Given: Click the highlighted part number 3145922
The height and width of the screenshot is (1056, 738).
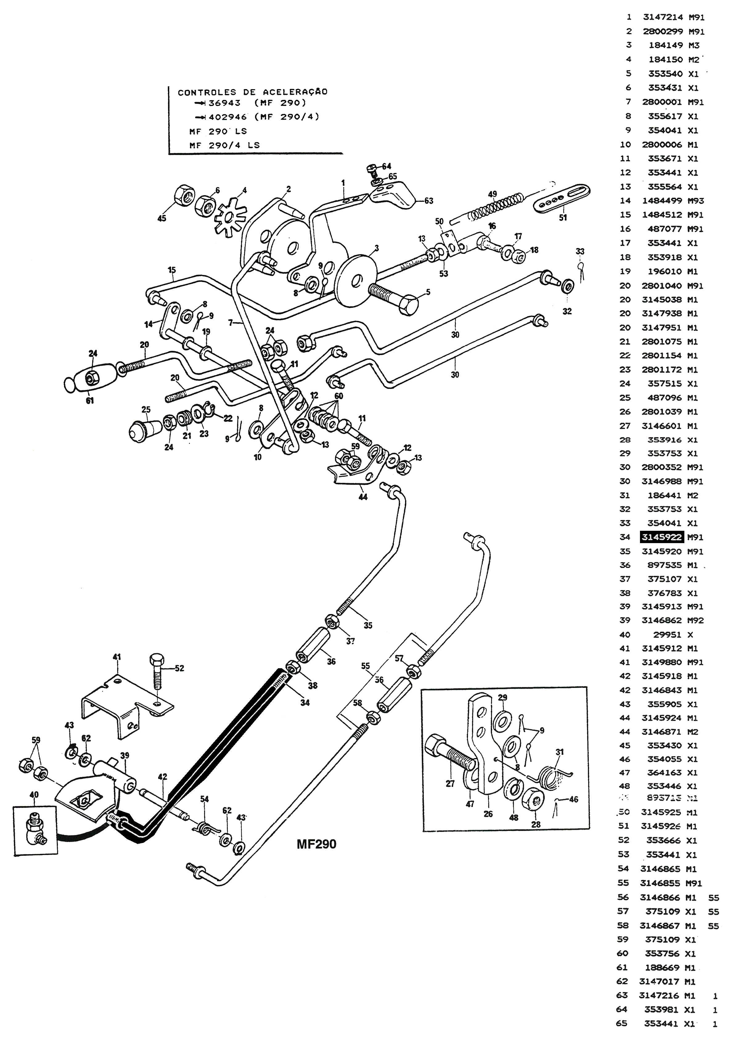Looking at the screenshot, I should pyautogui.click(x=662, y=537).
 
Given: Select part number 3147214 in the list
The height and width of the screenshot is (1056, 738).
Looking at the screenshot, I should pyautogui.click(x=662, y=18).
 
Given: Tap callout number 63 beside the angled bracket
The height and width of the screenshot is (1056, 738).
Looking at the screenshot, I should pyautogui.click(x=428, y=201).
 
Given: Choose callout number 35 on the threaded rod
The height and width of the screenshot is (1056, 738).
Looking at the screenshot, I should pyautogui.click(x=368, y=625).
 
